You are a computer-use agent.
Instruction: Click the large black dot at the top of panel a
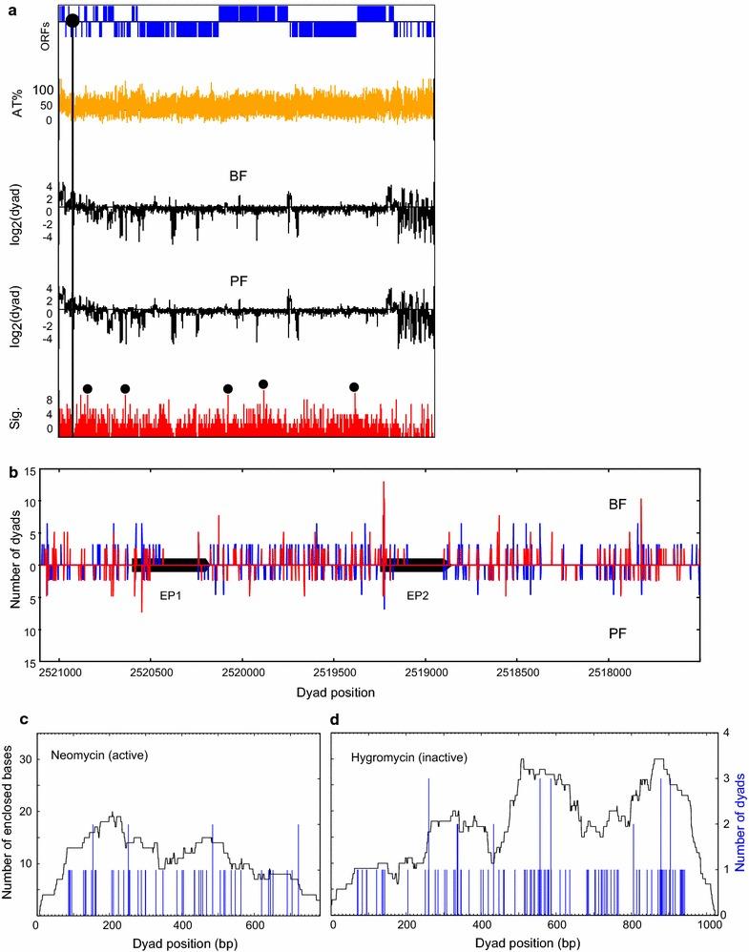[73, 20]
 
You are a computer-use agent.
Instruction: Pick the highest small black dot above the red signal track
[263, 383]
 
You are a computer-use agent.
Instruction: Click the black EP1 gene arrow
[172, 565]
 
